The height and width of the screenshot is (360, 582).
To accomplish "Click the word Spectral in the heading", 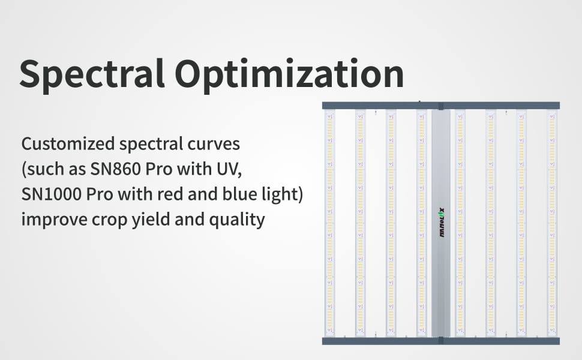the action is (x=92, y=75).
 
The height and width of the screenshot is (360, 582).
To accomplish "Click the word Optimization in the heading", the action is (x=289, y=75).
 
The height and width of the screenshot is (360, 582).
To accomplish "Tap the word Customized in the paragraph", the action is (x=68, y=143).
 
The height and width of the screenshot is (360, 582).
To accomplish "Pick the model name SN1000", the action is (x=51, y=194).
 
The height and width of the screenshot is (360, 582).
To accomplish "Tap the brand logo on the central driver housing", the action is (x=442, y=223).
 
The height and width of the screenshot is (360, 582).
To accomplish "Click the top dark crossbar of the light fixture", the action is (x=441, y=106).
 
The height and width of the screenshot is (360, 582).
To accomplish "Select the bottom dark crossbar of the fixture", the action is (x=441, y=341).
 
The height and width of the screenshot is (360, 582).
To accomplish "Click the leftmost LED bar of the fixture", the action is (x=330, y=223).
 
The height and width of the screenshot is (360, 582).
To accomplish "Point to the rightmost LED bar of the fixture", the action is (x=552, y=223).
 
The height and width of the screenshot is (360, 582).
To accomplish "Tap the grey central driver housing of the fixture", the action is (x=441, y=223).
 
